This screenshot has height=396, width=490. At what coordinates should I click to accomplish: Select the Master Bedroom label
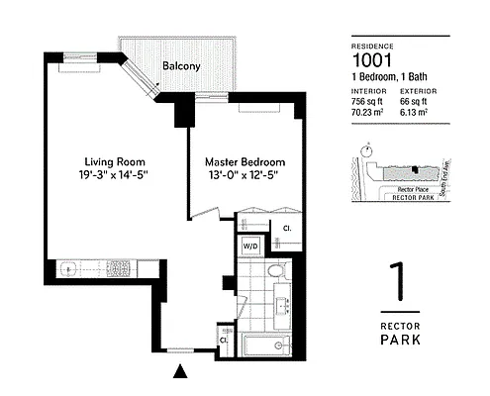coord(245,161)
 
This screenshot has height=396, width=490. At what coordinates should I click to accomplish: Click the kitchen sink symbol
coord(72,268)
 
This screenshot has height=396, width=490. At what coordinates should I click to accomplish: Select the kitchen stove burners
coord(119,268)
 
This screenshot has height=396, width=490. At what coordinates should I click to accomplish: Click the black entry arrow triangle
coord(180,373)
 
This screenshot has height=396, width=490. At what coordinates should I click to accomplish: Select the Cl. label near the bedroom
coord(287,229)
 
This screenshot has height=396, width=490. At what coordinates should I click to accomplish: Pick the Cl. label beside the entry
coord(224,340)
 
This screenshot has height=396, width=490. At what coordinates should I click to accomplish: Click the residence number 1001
coord(372,59)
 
